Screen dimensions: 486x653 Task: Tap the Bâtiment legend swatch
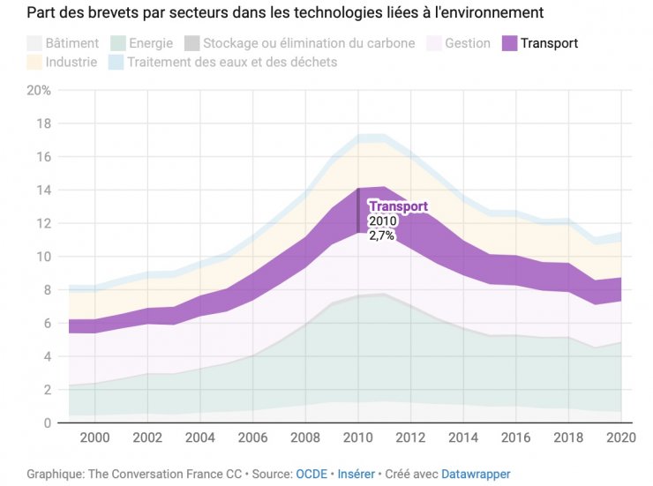coord(34,43)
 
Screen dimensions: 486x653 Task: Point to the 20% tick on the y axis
coord(39,91)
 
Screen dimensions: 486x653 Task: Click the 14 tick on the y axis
coord(43,191)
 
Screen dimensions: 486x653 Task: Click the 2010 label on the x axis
coord(358,438)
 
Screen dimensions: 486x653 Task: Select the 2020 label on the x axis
coord(621,438)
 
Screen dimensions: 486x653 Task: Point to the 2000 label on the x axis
coord(94,438)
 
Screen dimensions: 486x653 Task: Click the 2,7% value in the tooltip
coord(381,236)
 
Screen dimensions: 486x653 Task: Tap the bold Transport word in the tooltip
coord(397,206)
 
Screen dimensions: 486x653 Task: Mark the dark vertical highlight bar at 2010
coord(357,211)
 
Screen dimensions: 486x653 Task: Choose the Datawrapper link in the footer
coord(476,474)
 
